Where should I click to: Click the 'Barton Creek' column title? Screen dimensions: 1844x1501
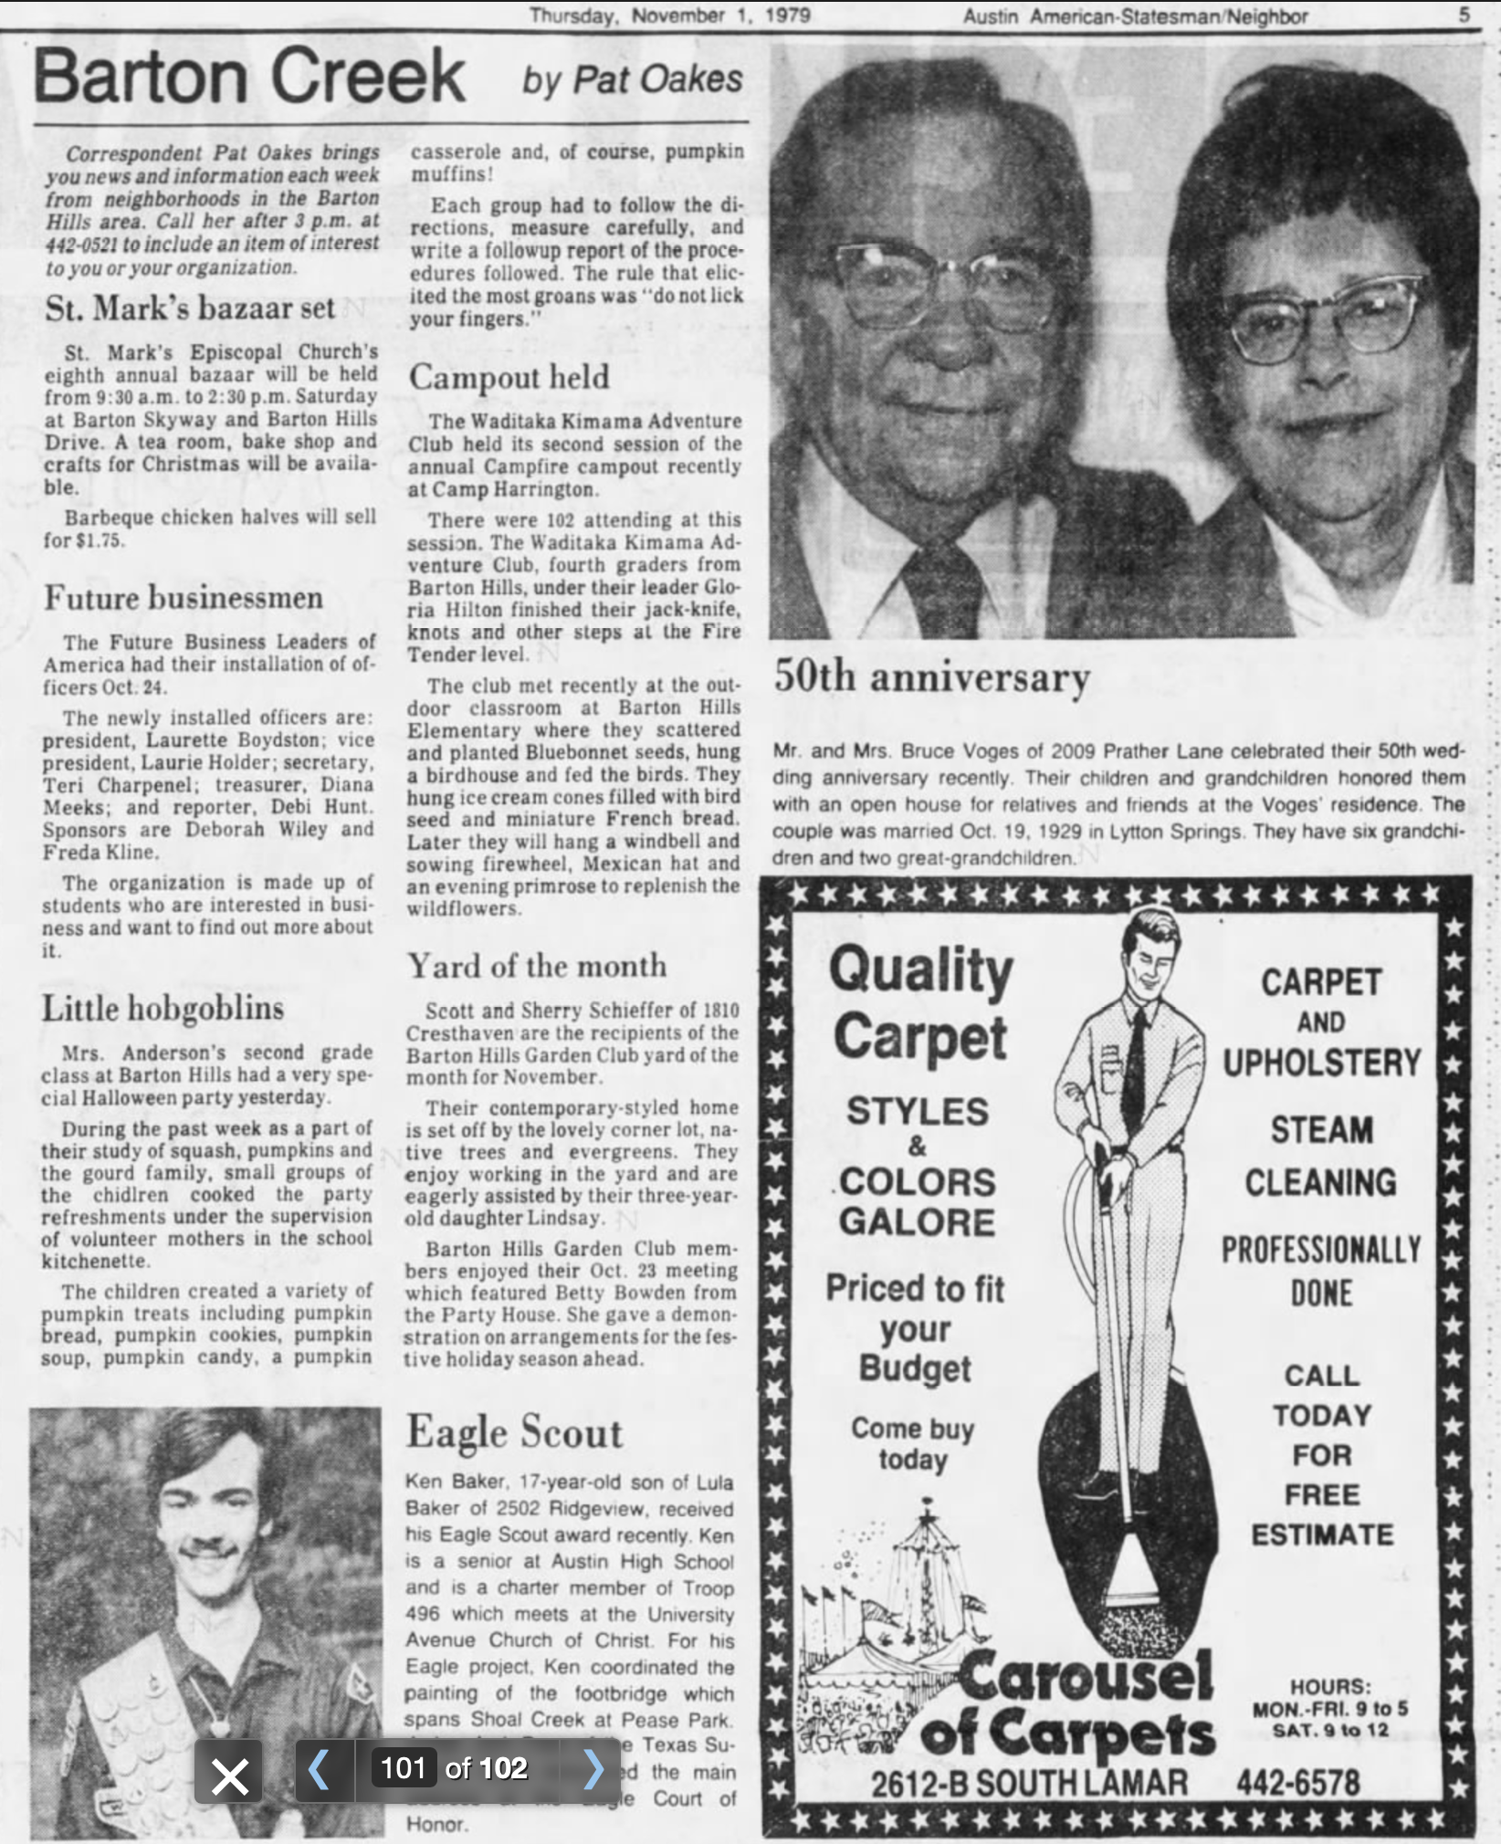[249, 77]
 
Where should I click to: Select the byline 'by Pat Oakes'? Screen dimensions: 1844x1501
[632, 80]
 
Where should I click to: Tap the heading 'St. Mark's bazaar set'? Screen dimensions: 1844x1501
[191, 308]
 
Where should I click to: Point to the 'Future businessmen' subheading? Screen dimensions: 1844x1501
[184, 598]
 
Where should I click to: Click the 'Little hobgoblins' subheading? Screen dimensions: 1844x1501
[163, 1008]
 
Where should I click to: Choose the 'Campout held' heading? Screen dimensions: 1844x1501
[509, 376]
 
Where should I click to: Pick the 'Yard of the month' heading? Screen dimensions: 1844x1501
[537, 965]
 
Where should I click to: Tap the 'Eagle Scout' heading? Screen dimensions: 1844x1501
[514, 1431]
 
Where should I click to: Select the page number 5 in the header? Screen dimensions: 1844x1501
[1464, 15]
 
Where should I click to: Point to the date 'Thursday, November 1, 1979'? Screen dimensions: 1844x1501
[669, 16]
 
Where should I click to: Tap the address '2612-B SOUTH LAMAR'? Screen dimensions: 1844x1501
[1029, 1783]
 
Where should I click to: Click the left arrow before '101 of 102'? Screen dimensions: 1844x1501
[319, 1768]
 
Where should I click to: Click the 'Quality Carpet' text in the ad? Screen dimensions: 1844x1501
[920, 1002]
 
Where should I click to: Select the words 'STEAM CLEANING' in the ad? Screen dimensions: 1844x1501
[1320, 1156]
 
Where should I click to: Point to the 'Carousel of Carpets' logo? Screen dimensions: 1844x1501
[1068, 1706]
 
